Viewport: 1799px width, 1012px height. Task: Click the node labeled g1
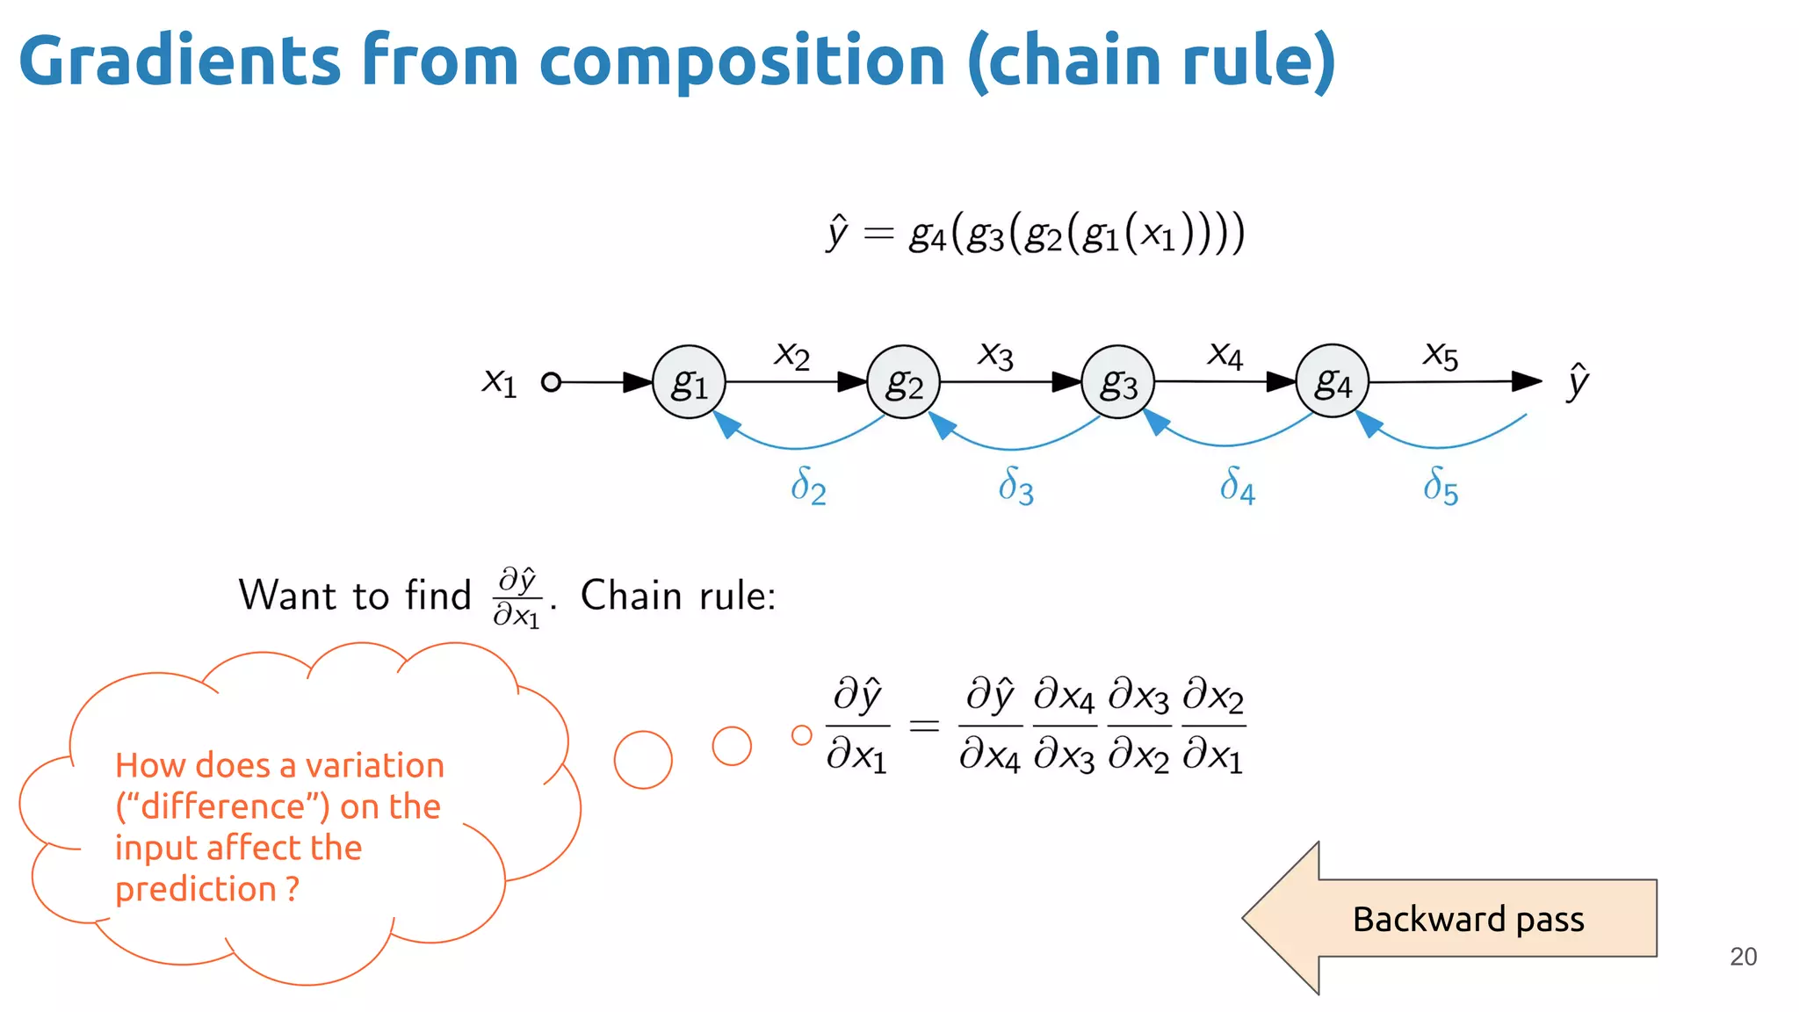(x=689, y=382)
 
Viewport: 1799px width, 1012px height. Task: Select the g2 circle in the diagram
(x=903, y=382)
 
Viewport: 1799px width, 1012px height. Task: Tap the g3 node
(x=1117, y=382)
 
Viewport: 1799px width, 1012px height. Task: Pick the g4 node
(x=1332, y=381)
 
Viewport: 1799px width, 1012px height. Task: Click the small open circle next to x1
(x=551, y=382)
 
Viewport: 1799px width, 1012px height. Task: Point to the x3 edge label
(x=996, y=356)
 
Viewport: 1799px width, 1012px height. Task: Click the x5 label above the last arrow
(x=1441, y=356)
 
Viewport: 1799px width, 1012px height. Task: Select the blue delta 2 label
(x=808, y=486)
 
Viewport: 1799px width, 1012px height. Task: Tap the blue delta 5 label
(x=1441, y=486)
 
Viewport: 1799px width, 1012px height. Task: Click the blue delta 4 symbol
(x=1237, y=485)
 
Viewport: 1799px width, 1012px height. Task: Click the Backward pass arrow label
(x=1468, y=919)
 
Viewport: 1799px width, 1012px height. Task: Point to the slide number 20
(x=1743, y=957)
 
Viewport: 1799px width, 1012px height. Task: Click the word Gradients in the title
(x=179, y=61)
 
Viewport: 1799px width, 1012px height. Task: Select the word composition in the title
(x=741, y=61)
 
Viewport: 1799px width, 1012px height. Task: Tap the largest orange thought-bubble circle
(x=643, y=760)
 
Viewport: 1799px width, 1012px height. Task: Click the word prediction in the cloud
(x=196, y=889)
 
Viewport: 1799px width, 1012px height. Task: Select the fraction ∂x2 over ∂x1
(x=1214, y=726)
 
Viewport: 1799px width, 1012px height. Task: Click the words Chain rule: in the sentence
(x=678, y=596)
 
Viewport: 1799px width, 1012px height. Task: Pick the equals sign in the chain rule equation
(x=923, y=726)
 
